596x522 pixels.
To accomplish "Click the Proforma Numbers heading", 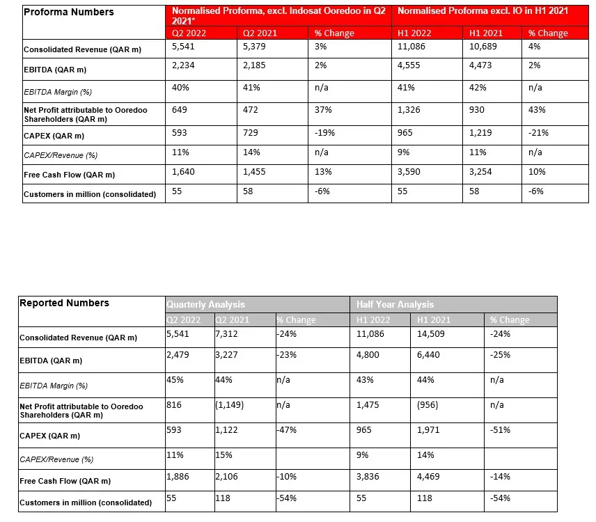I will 68,12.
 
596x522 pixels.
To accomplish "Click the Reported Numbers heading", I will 64,303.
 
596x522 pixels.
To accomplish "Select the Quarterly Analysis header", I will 205,304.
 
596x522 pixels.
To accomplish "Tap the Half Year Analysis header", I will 395,304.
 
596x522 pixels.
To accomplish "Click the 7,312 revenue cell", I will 228,333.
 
